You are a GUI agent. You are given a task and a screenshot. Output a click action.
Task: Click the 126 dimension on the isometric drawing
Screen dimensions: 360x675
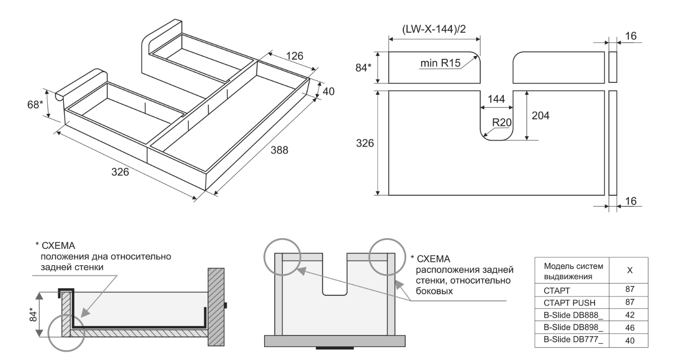click(x=294, y=56)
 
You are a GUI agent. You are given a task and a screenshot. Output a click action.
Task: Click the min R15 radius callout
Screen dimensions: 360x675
click(x=440, y=63)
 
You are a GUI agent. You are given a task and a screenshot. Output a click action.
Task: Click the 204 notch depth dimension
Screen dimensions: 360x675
click(x=540, y=116)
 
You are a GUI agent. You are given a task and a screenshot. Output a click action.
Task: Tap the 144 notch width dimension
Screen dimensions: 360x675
click(x=496, y=99)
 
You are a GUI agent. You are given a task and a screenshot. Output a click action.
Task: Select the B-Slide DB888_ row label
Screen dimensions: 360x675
click(x=569, y=315)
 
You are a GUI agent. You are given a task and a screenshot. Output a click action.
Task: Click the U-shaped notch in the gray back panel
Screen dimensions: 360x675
click(x=334, y=278)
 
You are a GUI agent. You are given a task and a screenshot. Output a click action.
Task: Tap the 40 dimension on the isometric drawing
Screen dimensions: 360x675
click(x=328, y=91)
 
